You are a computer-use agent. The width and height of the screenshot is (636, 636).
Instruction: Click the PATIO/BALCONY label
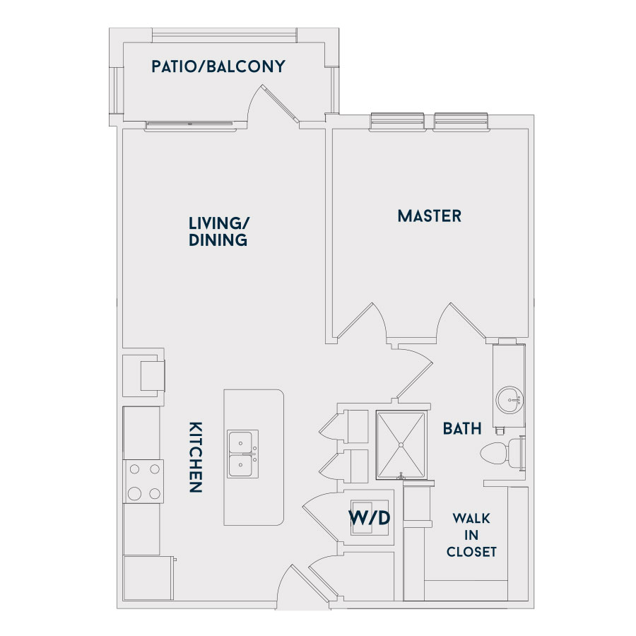click(x=218, y=66)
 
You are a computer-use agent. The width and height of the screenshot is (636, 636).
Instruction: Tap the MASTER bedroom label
click(x=430, y=216)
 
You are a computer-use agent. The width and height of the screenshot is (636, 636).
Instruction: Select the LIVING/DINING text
click(x=218, y=232)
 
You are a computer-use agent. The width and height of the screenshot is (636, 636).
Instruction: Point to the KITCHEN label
click(x=196, y=457)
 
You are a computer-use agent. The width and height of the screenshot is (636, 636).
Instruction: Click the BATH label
click(x=462, y=428)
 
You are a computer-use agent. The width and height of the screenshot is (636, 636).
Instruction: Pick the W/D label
click(x=369, y=517)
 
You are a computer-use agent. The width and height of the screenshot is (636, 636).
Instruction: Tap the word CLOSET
click(x=471, y=552)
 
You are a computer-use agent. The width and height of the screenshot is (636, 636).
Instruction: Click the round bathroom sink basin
click(x=510, y=400)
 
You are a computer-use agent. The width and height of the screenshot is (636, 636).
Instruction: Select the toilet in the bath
click(x=502, y=453)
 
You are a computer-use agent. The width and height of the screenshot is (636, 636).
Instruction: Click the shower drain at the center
click(x=401, y=445)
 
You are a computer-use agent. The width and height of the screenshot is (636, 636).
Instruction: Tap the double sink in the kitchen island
click(x=242, y=454)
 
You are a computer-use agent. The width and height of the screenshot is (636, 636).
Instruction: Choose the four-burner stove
click(x=143, y=481)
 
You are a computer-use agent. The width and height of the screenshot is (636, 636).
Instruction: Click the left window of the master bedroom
click(x=397, y=122)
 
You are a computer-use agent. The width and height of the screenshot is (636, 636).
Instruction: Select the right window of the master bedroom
click(x=461, y=122)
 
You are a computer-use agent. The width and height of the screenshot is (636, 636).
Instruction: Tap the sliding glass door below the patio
click(x=191, y=126)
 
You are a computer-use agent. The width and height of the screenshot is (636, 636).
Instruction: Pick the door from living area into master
click(x=361, y=320)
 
